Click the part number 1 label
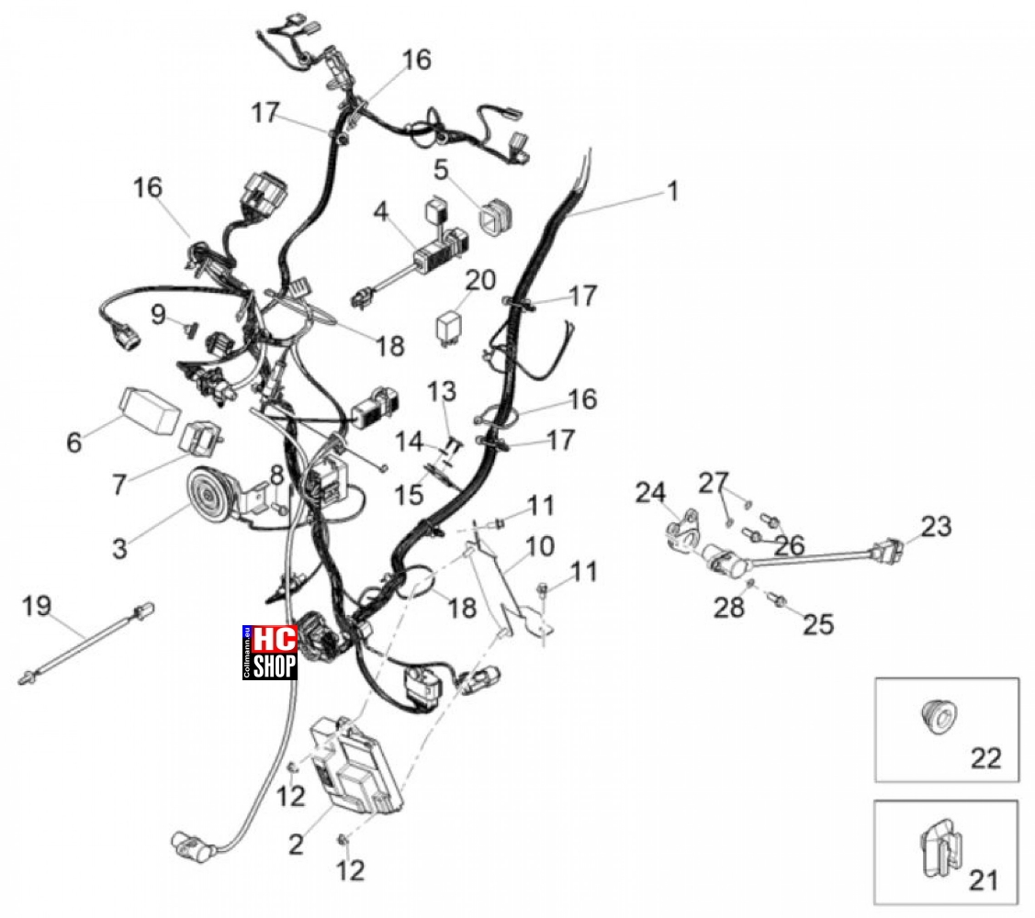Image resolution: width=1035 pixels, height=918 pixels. (x=672, y=191)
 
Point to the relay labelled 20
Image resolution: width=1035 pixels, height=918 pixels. (x=450, y=325)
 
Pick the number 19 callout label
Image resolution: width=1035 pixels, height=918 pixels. (x=37, y=605)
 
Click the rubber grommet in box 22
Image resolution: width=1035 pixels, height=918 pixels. (x=939, y=716)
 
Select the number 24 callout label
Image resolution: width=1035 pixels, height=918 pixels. (x=651, y=492)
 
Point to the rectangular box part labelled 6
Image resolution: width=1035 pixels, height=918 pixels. (x=150, y=409)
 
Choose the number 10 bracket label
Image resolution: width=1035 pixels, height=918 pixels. (x=540, y=546)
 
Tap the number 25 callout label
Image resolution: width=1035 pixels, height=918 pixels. (x=818, y=624)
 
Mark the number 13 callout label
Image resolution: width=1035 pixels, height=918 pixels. (x=442, y=391)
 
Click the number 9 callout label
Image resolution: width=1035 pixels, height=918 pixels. (x=158, y=314)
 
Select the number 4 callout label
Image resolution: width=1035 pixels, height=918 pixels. (x=381, y=212)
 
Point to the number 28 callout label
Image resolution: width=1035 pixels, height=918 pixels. (x=729, y=607)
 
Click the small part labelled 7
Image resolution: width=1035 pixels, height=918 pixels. (x=201, y=438)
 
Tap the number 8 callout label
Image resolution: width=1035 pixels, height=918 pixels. (x=276, y=474)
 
